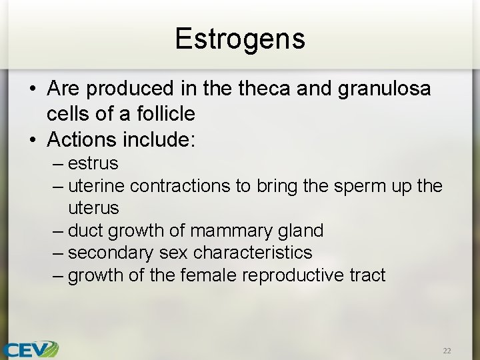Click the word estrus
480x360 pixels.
pyautogui.click(x=93, y=163)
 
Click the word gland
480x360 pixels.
pyautogui.click(x=300, y=231)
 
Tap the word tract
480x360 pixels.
pyautogui.click(x=369, y=275)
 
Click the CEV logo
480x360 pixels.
pyautogui.click(x=30, y=349)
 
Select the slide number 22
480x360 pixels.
pyautogui.click(x=446, y=350)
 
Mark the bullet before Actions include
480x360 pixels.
pyautogui.click(x=31, y=140)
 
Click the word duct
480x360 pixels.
pyautogui.click(x=85, y=231)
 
